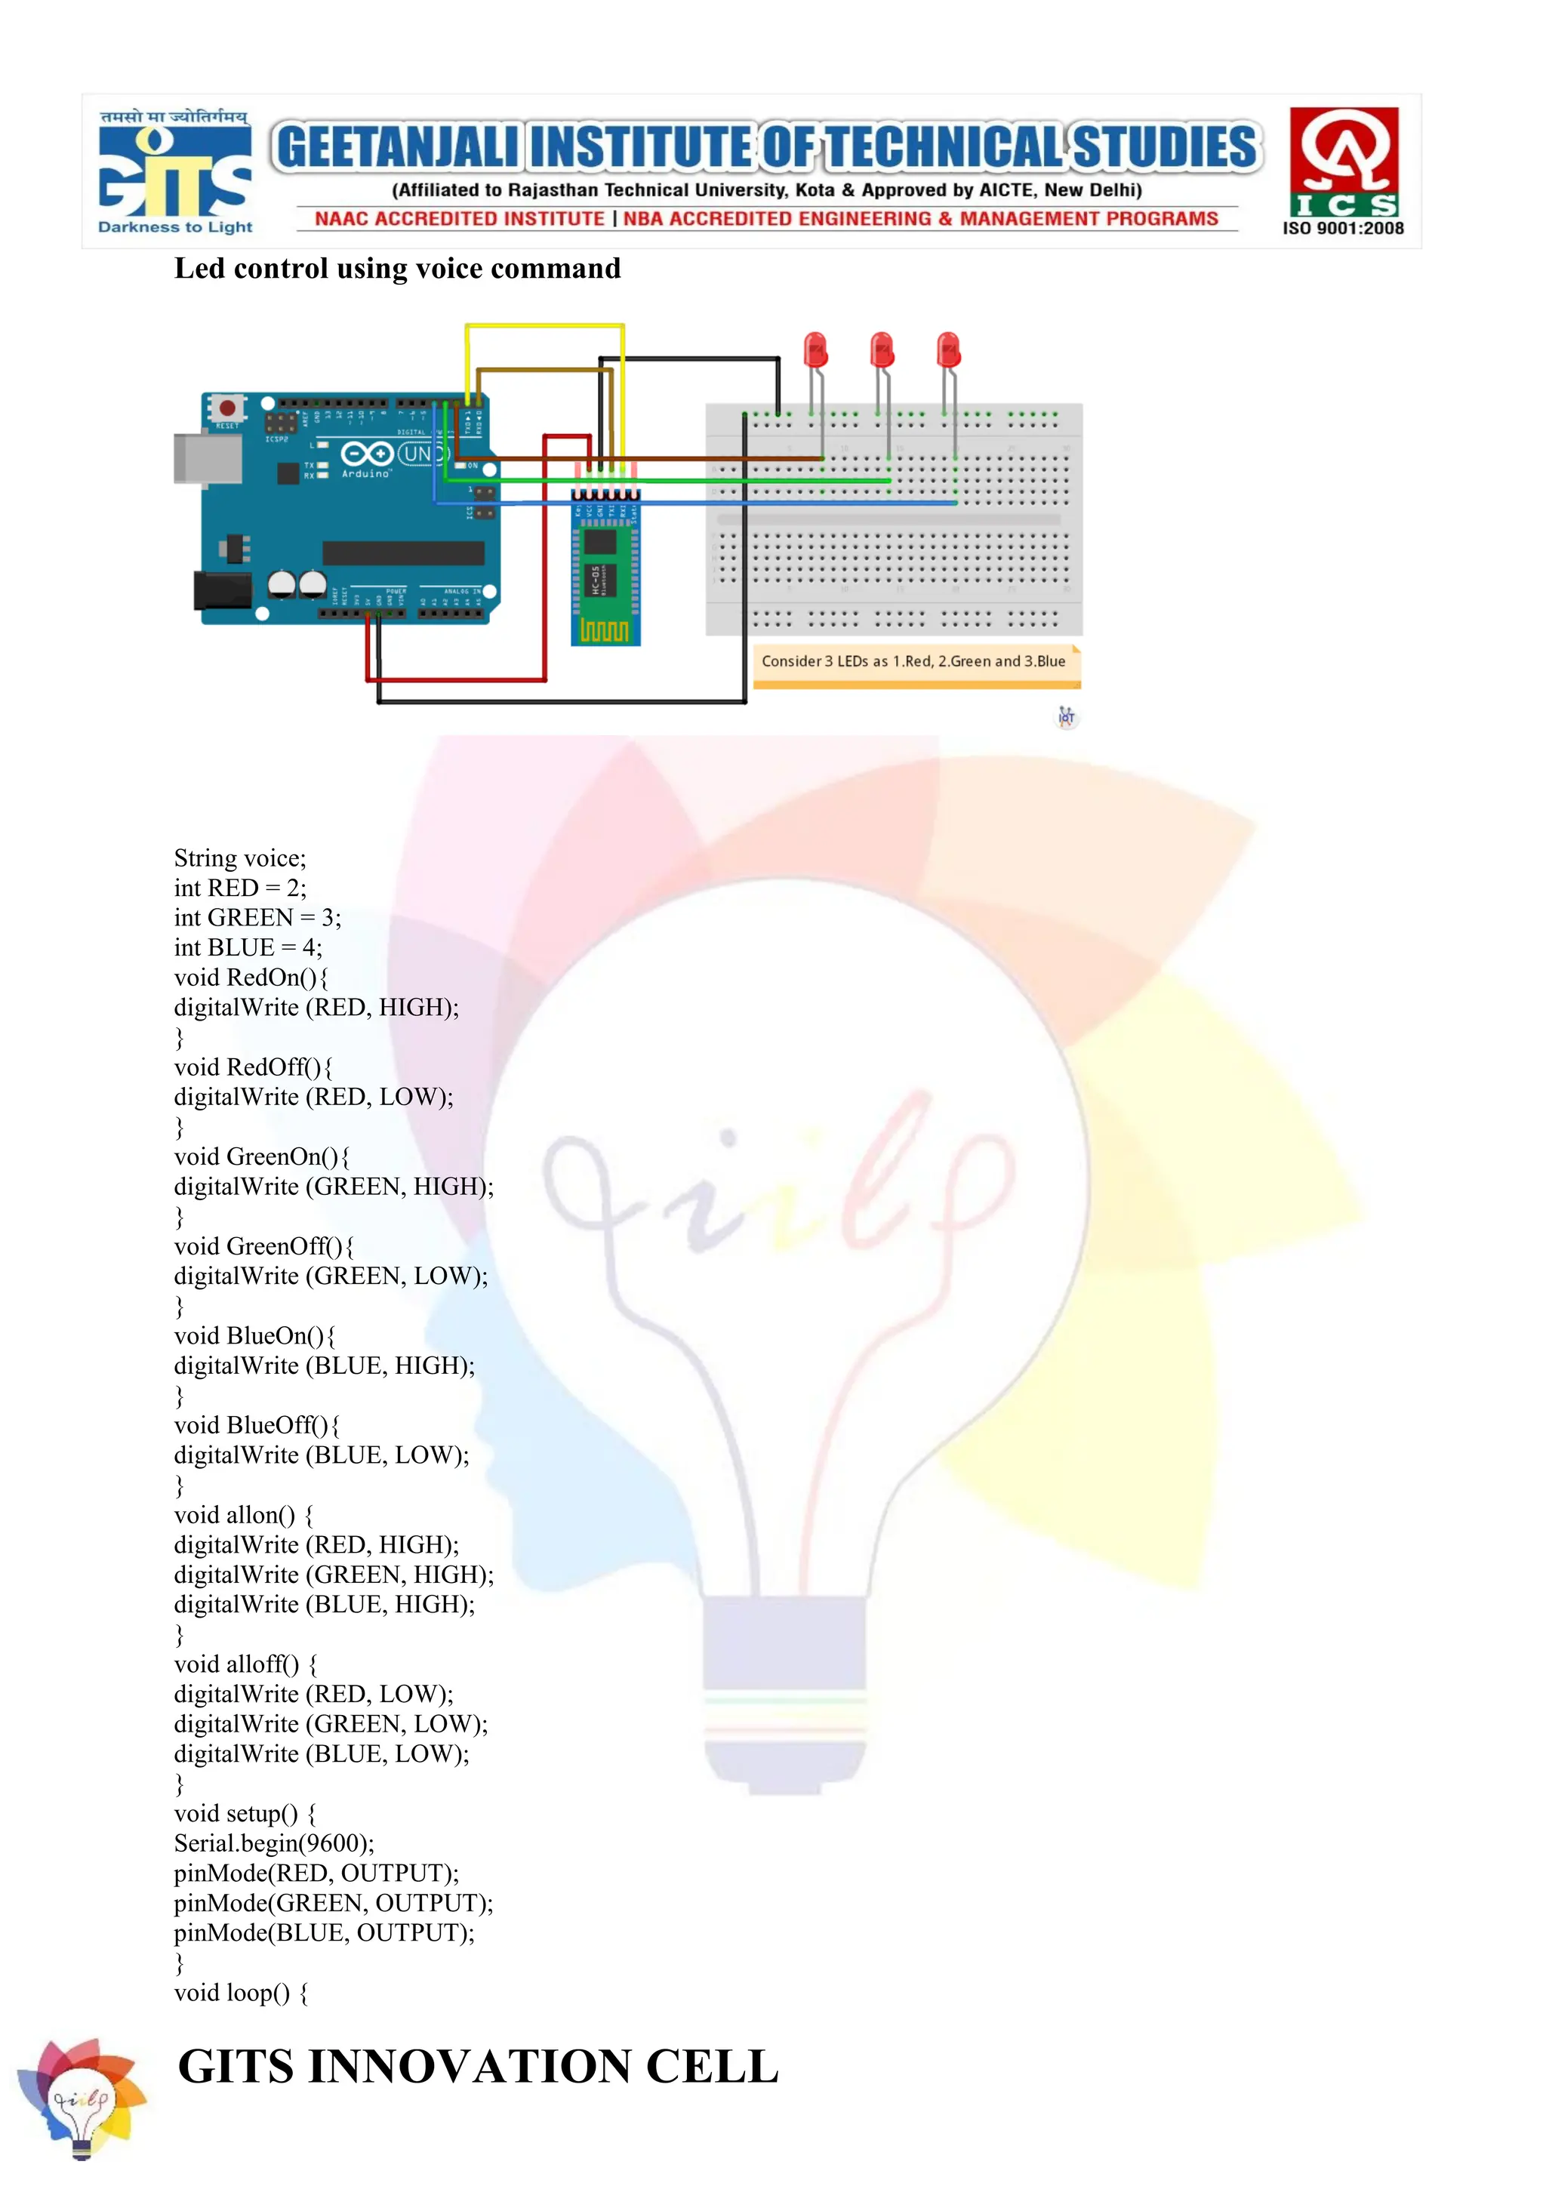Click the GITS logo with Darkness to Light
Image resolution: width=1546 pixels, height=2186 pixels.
(175, 172)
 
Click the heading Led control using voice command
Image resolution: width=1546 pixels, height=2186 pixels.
(397, 269)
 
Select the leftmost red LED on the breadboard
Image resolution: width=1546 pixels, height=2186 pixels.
(816, 350)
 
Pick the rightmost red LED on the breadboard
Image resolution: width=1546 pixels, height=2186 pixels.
(948, 350)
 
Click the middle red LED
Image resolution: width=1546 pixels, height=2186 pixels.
(882, 350)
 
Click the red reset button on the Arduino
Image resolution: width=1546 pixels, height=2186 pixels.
(226, 408)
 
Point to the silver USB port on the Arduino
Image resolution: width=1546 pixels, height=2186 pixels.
(207, 458)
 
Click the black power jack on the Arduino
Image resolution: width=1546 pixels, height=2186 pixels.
(221, 590)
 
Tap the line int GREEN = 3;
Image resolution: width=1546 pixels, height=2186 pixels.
(257, 918)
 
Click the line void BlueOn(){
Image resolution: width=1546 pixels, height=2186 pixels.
(254, 1336)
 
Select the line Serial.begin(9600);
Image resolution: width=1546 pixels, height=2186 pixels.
(274, 1843)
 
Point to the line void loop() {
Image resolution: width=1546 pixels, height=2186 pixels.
(241, 1993)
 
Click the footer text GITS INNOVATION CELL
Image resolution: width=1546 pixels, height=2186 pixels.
(478, 2066)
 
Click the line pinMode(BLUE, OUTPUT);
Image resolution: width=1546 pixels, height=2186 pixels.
(324, 1932)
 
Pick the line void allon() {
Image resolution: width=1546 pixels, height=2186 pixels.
(244, 1515)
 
